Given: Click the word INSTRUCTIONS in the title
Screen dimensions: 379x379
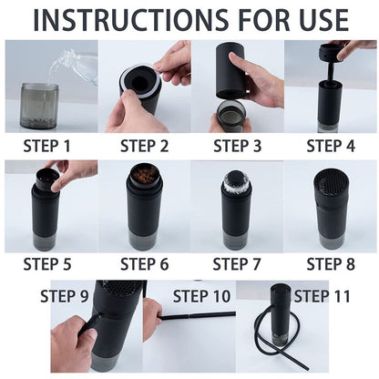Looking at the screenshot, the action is [x=131, y=20].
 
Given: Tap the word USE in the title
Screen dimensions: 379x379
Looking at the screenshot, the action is [x=323, y=20].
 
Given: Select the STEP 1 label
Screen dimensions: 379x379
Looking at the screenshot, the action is [x=46, y=146].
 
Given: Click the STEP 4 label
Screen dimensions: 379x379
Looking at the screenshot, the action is [x=331, y=146].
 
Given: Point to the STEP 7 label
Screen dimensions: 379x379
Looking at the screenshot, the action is [x=237, y=264].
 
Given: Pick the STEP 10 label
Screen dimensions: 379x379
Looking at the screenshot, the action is [x=201, y=296].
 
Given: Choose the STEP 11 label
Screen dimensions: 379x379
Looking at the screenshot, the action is [x=322, y=296].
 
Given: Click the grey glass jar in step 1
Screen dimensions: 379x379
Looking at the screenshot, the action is [x=39, y=106].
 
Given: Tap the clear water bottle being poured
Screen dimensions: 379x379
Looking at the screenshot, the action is [x=75, y=66].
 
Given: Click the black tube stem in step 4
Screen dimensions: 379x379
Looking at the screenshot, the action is [x=330, y=71].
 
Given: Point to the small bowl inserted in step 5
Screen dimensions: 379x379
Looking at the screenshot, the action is [x=46, y=179].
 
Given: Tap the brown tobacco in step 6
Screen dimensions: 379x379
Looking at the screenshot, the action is [x=144, y=174].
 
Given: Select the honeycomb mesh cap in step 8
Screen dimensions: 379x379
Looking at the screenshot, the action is [x=331, y=184].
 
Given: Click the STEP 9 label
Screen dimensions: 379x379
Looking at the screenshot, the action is [x=65, y=296].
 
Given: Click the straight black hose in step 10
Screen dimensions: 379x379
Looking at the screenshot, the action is [x=197, y=316].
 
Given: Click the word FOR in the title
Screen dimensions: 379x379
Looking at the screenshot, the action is [x=263, y=20].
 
